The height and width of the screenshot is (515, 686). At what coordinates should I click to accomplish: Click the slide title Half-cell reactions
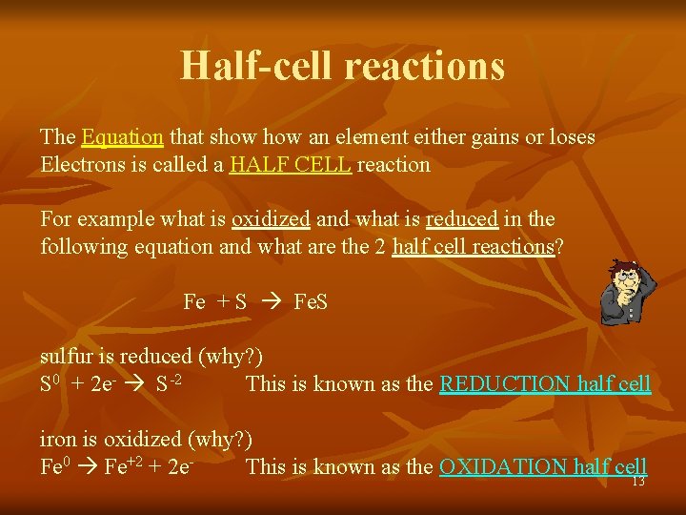[342, 66]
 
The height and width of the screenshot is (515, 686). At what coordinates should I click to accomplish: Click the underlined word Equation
[123, 137]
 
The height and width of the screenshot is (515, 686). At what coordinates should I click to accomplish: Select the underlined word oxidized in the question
[271, 219]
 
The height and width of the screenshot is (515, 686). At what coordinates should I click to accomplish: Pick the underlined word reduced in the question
[462, 219]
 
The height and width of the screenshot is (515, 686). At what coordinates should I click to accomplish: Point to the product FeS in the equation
[312, 302]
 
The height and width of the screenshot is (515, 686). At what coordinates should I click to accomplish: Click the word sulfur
[65, 357]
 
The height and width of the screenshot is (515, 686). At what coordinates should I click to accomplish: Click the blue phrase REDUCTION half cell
[545, 384]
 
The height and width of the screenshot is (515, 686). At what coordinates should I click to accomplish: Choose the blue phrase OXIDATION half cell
[543, 466]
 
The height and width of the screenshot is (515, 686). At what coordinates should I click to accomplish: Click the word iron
[56, 440]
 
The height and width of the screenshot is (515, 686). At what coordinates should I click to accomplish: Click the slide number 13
[638, 482]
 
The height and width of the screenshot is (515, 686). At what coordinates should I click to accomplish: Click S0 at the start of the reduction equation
[50, 384]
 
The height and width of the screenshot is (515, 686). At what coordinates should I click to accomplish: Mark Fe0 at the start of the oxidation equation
[55, 466]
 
